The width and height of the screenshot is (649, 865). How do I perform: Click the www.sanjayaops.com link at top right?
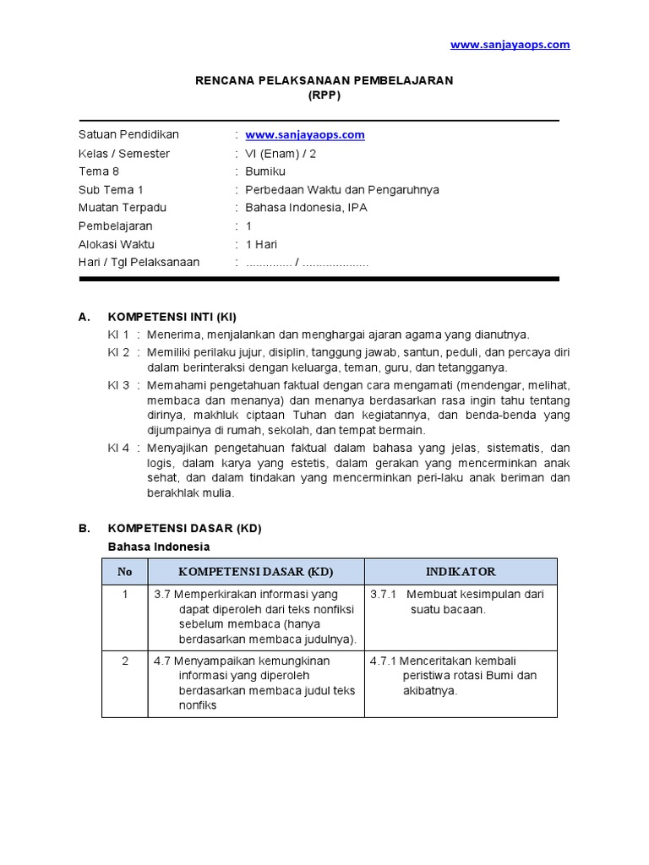pyautogui.click(x=510, y=45)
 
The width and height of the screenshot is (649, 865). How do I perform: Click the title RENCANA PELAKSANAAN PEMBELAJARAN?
pyautogui.click(x=324, y=80)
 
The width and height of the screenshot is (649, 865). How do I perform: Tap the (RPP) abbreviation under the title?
pyautogui.click(x=324, y=95)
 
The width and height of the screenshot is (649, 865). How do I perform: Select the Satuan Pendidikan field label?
pyautogui.click(x=128, y=135)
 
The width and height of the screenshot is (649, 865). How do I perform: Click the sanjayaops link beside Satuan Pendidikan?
pyautogui.click(x=304, y=135)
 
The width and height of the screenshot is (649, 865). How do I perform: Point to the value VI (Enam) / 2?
pyautogui.click(x=281, y=154)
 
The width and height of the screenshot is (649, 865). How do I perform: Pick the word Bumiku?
pyautogui.click(x=265, y=171)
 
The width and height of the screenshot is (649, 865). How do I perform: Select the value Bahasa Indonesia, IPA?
pyautogui.click(x=306, y=208)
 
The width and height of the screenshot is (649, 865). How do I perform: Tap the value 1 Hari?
pyautogui.click(x=261, y=244)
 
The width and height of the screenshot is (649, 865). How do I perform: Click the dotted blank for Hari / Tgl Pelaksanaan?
pyautogui.click(x=307, y=263)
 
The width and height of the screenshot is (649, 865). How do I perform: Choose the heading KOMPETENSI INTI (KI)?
pyautogui.click(x=172, y=318)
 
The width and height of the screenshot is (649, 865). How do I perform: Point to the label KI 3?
pyautogui.click(x=118, y=385)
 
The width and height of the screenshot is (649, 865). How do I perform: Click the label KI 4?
pyautogui.click(x=118, y=448)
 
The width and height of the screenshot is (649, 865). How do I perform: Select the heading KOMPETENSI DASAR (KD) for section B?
pyautogui.click(x=184, y=529)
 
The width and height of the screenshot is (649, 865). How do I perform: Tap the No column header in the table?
pyautogui.click(x=125, y=572)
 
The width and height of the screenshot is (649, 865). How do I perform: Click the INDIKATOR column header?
pyautogui.click(x=461, y=572)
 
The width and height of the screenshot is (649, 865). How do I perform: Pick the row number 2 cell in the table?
pyautogui.click(x=125, y=661)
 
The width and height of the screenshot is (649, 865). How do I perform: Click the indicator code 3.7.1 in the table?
pyautogui.click(x=384, y=595)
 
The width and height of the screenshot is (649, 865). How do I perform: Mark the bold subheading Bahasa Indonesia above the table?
pyautogui.click(x=159, y=547)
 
